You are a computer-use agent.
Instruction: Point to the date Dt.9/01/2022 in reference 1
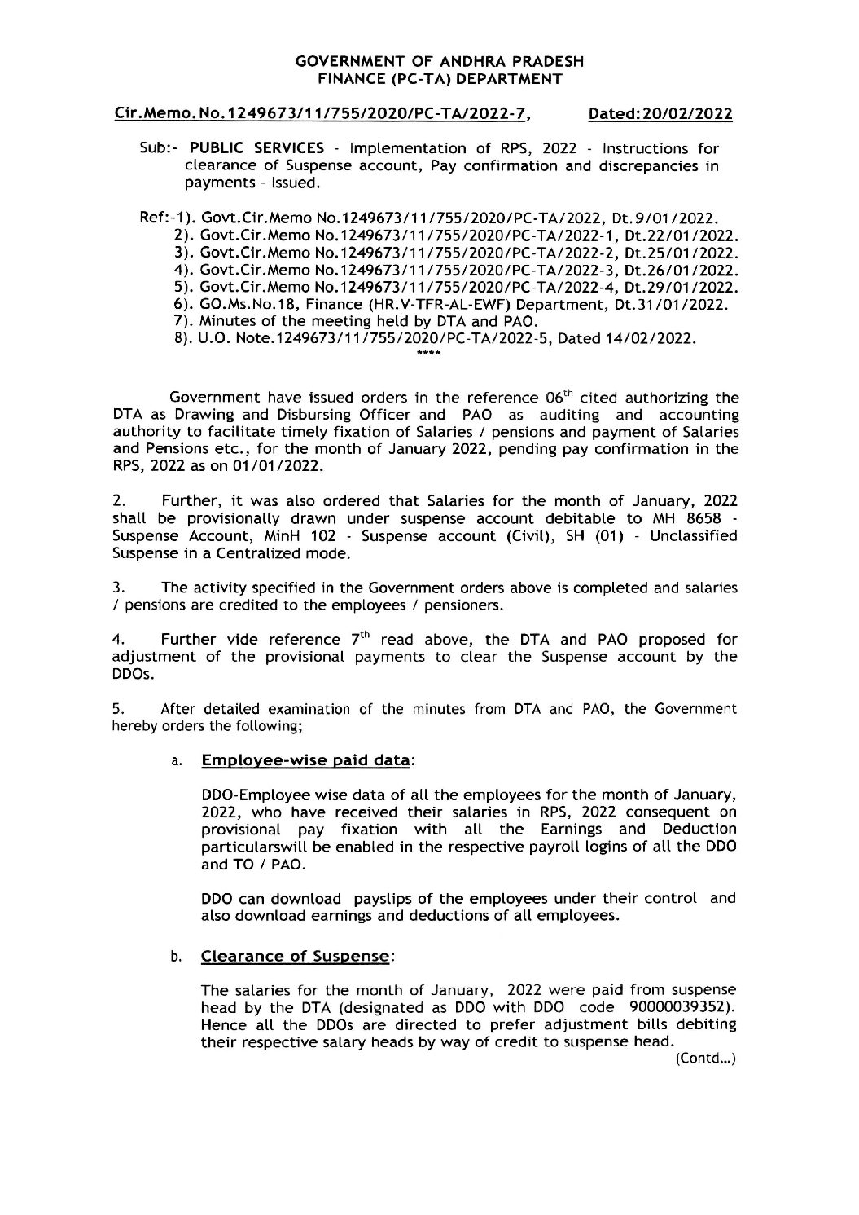click(x=679, y=219)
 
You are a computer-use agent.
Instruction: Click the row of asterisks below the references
click(x=428, y=354)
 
